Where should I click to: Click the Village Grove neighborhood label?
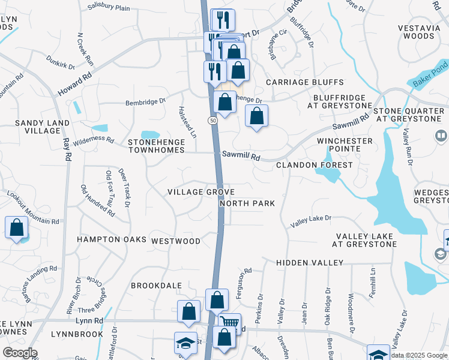[200, 192]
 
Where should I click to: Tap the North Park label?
[247, 203]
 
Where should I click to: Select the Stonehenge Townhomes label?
[155, 146]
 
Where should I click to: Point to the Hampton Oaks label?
[112, 239]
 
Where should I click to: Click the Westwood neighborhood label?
[176, 241]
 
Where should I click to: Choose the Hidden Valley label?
[310, 263]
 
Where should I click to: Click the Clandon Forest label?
[314, 165]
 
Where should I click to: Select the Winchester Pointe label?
[345, 141]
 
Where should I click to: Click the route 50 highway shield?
[213, 121]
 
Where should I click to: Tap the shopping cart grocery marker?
[230, 323]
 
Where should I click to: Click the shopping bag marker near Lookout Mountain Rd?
[16, 228]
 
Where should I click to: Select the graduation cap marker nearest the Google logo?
[185, 343]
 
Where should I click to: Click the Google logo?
[20, 353]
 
